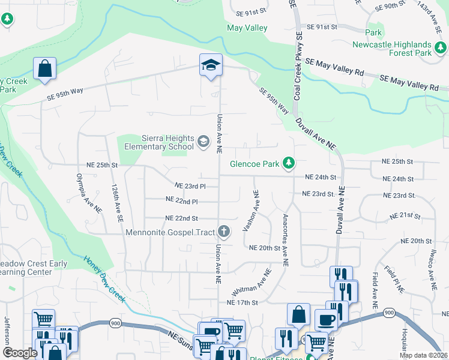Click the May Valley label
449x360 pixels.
[247, 28]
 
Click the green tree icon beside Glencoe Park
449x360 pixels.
[289, 163]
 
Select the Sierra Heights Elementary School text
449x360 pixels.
[159, 142]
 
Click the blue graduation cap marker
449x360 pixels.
[211, 65]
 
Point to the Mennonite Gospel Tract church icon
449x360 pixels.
[223, 231]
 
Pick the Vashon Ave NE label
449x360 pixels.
[251, 211]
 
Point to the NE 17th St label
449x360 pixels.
[242, 303]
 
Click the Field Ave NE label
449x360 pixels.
[375, 290]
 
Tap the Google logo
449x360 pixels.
[20, 353]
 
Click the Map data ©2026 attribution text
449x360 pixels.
[424, 355]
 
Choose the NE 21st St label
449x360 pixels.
[403, 215]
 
